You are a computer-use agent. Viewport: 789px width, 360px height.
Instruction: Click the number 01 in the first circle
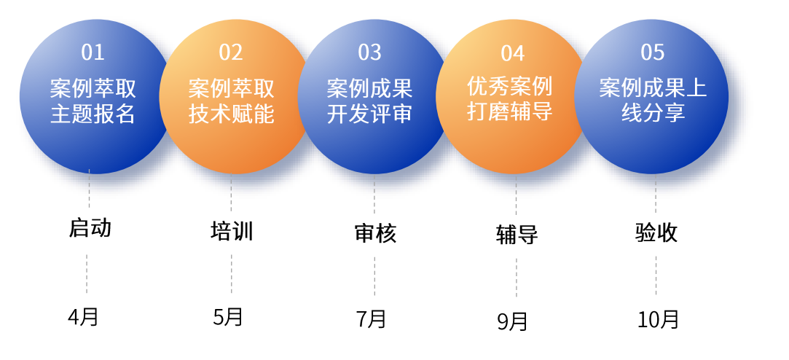93,52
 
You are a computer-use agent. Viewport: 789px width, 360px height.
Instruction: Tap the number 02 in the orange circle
231,52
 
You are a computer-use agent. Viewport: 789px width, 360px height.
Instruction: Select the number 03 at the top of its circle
370,52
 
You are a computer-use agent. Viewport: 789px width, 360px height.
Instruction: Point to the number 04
513,53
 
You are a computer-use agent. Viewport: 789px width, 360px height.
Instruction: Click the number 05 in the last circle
653,52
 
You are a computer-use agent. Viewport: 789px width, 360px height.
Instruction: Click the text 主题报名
93,114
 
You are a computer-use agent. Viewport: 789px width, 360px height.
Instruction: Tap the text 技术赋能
232,114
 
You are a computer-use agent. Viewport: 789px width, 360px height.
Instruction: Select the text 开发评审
370,114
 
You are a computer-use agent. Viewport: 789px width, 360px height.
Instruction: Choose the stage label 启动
90,228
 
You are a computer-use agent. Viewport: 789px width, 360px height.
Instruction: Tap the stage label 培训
232,231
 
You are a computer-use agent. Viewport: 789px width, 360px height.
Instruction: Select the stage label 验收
656,232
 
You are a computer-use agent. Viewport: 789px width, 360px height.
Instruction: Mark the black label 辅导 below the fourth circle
517,235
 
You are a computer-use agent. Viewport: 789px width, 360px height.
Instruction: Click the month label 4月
83,317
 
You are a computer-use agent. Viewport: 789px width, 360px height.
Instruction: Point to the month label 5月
228,317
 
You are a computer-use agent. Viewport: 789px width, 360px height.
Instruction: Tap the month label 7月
372,319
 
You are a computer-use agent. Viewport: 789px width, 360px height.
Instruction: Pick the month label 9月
513,321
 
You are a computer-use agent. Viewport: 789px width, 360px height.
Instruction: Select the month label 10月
658,320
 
